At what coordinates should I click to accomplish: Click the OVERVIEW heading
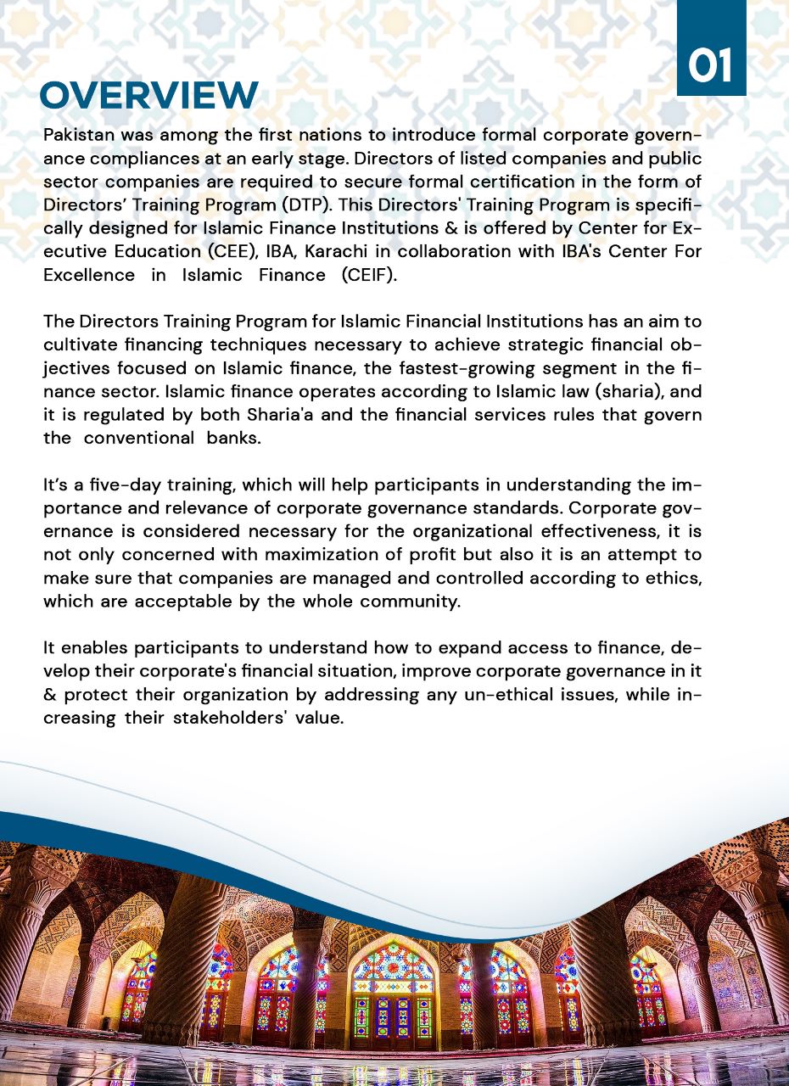[x=148, y=95]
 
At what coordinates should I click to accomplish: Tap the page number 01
[x=710, y=66]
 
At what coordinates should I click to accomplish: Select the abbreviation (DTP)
[x=305, y=205]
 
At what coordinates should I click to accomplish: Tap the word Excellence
[x=89, y=276]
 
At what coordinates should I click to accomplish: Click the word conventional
[x=139, y=439]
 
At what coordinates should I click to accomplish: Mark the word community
[x=410, y=602]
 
